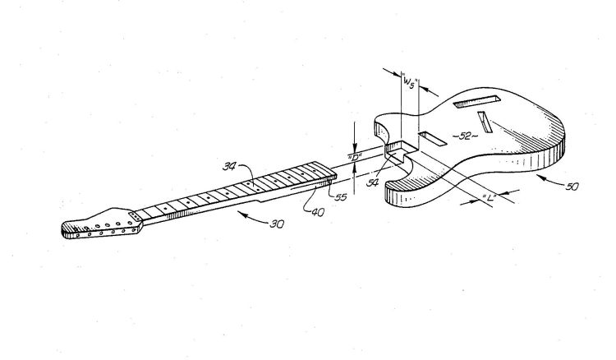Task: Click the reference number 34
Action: [x=229, y=167]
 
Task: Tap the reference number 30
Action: [x=277, y=224]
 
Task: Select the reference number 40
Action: [x=318, y=212]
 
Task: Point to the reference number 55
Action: [x=341, y=197]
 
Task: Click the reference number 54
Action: [x=372, y=182]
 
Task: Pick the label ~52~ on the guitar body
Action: [x=465, y=136]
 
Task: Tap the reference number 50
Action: [x=572, y=187]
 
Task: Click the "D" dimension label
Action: [x=354, y=158]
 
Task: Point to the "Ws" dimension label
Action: [x=409, y=83]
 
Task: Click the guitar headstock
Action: [x=101, y=224]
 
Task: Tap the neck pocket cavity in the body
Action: [x=400, y=151]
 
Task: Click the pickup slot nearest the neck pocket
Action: [x=432, y=138]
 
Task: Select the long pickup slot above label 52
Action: [x=476, y=101]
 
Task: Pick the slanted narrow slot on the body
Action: [x=485, y=122]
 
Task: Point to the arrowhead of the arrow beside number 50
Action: [x=540, y=178]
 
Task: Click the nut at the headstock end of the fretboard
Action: [x=136, y=216]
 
